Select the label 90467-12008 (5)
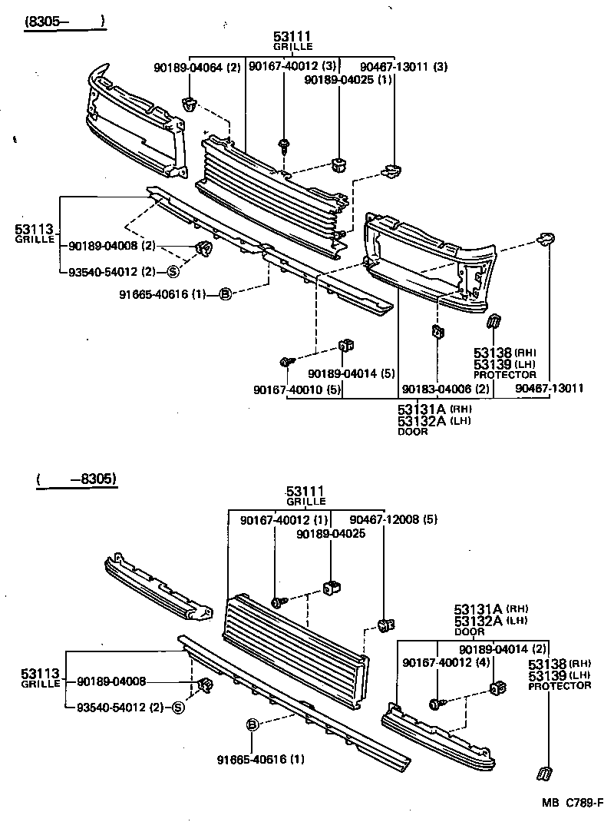[394, 520]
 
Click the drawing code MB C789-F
[573, 804]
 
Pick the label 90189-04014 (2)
[503, 649]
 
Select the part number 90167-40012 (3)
[292, 68]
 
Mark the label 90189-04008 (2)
[112, 246]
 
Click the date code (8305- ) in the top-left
[64, 22]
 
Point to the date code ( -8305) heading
[75, 479]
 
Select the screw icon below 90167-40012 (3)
[285, 144]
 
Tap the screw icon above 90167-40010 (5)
[286, 361]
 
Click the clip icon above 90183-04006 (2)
[436, 332]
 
